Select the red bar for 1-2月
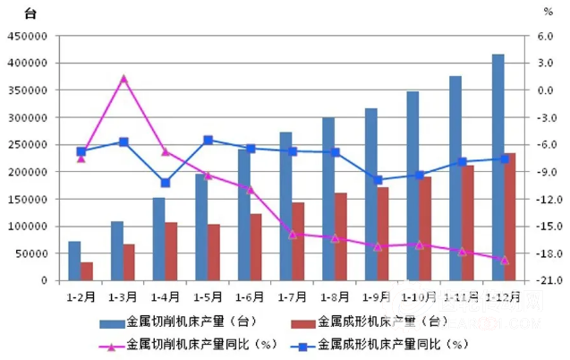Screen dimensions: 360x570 click(87, 271)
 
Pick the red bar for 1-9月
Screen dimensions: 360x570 click(383, 234)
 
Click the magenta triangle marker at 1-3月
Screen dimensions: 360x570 click(123, 79)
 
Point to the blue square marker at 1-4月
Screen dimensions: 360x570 click(166, 183)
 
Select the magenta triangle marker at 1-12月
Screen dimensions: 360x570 click(504, 260)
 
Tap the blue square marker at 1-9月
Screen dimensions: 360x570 click(378, 180)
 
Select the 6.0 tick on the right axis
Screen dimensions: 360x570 click(546, 37)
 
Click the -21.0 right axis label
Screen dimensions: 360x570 click(543, 280)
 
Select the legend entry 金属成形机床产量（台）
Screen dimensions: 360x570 click(376, 320)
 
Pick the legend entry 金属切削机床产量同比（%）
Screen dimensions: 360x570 click(192, 343)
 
